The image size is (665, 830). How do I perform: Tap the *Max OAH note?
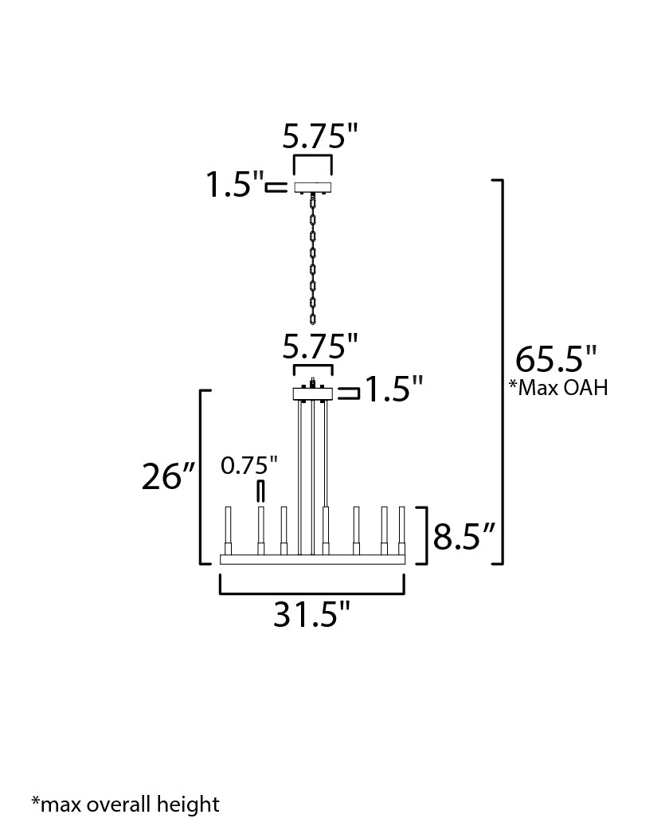(558, 387)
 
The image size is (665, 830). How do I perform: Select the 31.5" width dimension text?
(311, 614)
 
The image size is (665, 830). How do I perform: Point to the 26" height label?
(169, 476)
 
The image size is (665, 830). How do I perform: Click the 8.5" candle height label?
(464, 536)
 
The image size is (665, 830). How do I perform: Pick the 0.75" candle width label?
(248, 466)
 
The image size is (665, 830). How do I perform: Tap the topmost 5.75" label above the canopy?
(320, 136)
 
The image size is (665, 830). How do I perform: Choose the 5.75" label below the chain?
(320, 346)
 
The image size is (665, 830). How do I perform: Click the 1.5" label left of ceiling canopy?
(234, 184)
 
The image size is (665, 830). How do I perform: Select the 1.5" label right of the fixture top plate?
(394, 389)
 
